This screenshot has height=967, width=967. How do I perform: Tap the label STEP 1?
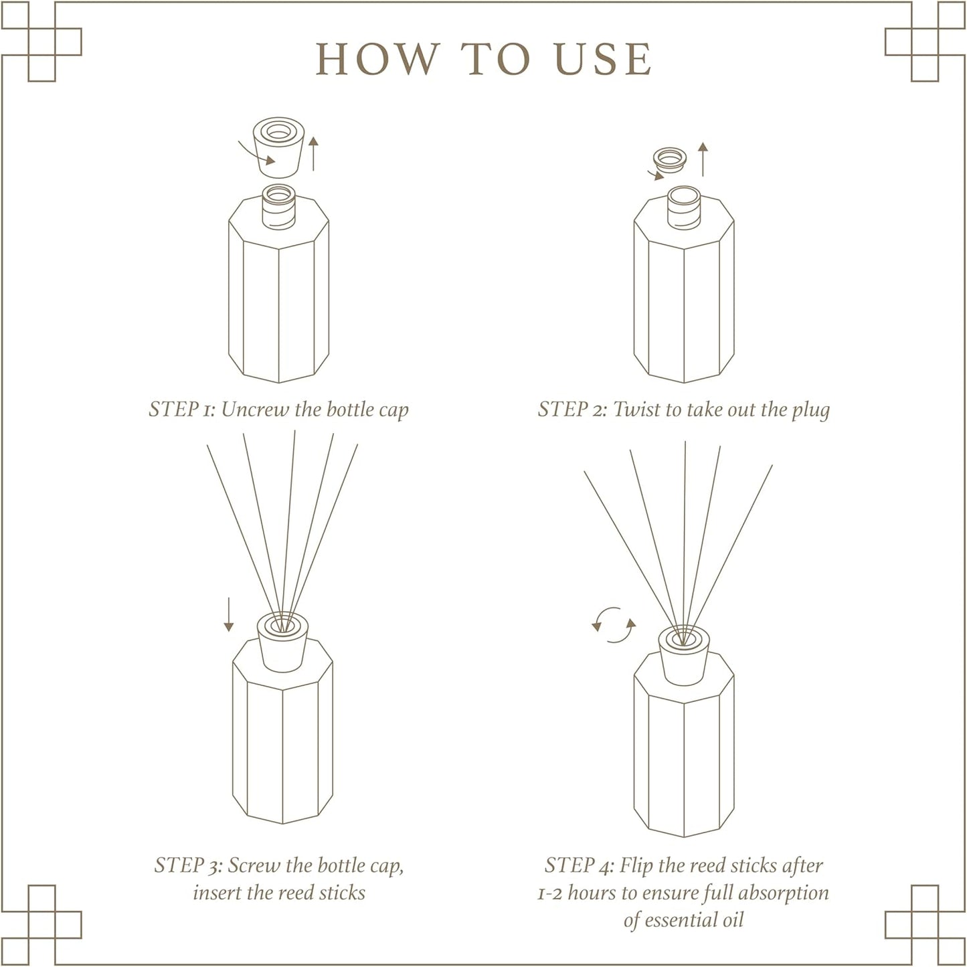click(x=182, y=410)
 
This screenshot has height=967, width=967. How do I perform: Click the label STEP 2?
click(x=573, y=410)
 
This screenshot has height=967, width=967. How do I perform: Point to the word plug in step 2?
click(x=810, y=410)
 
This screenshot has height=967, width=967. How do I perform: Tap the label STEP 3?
click(x=188, y=865)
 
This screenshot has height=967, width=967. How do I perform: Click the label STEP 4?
click(x=579, y=865)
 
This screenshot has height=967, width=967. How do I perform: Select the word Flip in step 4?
click(x=636, y=865)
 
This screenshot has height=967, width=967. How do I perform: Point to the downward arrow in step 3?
click(x=229, y=615)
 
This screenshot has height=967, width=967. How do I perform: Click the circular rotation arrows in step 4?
click(x=614, y=625)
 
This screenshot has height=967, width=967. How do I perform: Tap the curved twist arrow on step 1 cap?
click(x=258, y=153)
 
